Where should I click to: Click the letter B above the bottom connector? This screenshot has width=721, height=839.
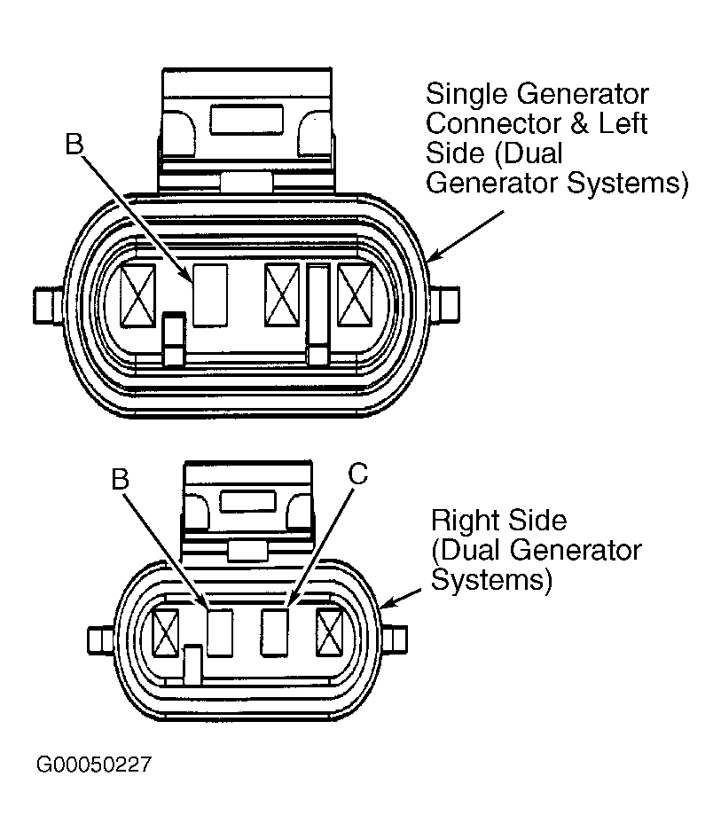pos(121,479)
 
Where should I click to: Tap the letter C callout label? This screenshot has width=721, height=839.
pos(357,474)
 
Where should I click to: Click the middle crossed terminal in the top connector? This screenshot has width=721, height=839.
pos(283,295)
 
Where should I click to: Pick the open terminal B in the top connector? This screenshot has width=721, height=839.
pos(210,294)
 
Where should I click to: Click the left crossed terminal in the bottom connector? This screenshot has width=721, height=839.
pos(166,633)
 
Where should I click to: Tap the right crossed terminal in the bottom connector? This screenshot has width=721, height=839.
pos(329,633)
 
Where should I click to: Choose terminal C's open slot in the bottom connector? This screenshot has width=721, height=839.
pos(275,632)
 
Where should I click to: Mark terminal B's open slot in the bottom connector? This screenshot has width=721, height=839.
pos(219,632)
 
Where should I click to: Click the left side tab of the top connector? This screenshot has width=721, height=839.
pos(46,304)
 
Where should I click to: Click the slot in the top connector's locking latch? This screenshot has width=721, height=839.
pos(246,118)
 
